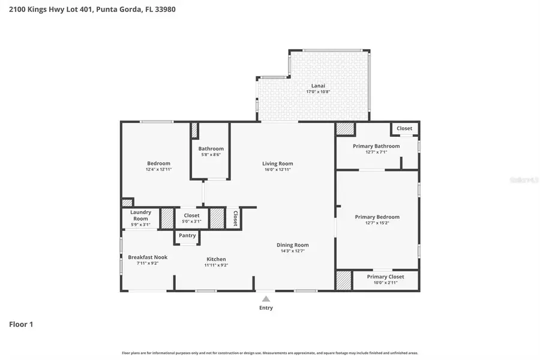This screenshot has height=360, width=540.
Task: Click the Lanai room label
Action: (x=318, y=85)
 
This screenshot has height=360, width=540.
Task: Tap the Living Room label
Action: (x=277, y=163)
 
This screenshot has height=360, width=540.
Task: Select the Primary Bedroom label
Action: (x=377, y=217)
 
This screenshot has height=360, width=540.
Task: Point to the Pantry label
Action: (x=187, y=235)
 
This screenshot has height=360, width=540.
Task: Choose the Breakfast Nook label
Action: (x=148, y=257)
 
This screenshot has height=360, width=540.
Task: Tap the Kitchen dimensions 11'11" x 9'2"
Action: (x=216, y=265)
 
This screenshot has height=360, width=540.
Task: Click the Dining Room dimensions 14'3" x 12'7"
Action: (x=292, y=251)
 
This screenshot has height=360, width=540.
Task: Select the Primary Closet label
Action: (x=385, y=277)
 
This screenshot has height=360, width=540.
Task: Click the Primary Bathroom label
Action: (x=377, y=146)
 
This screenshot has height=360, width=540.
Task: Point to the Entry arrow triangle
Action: (x=266, y=299)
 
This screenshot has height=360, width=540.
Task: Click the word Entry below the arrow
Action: (x=266, y=308)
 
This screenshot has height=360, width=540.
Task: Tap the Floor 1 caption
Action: (x=21, y=324)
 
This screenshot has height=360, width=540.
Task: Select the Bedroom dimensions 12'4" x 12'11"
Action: (x=158, y=169)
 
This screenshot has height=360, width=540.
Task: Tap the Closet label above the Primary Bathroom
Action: (x=404, y=128)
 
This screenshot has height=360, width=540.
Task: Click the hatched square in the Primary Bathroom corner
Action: (x=344, y=128)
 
